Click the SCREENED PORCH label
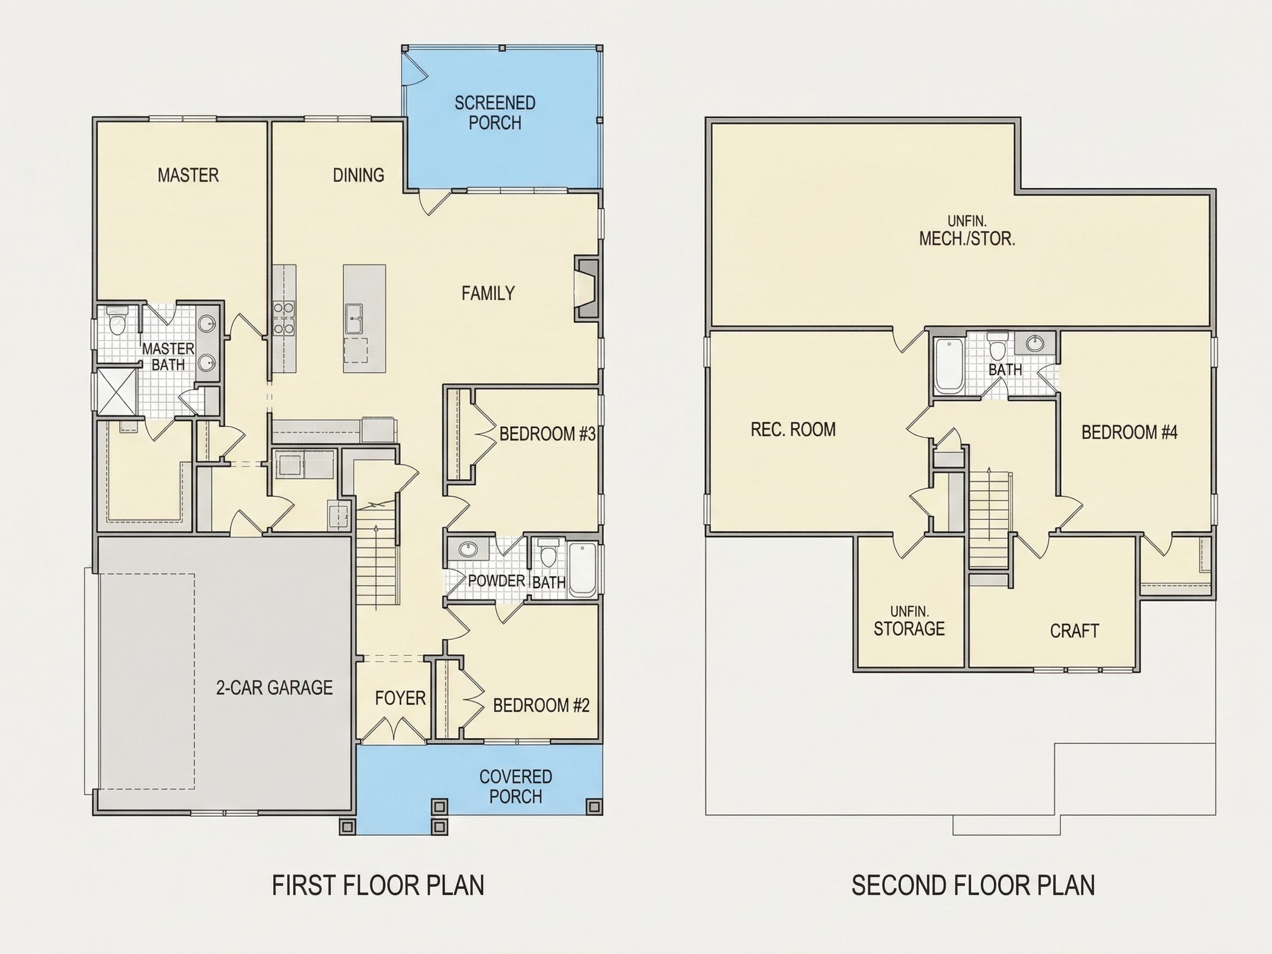click(495, 113)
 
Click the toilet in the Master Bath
click(116, 321)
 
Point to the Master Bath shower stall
click(116, 392)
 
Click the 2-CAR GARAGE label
click(274, 688)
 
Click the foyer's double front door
click(394, 729)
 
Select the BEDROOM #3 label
click(547, 433)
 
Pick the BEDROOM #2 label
click(541, 705)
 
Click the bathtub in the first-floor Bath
click(582, 569)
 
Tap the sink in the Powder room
click(469, 549)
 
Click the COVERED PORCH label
click(515, 787)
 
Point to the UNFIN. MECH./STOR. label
click(967, 231)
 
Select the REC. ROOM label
click(793, 429)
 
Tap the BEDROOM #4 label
click(1130, 432)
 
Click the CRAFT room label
click(1074, 631)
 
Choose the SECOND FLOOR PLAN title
click(973, 886)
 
